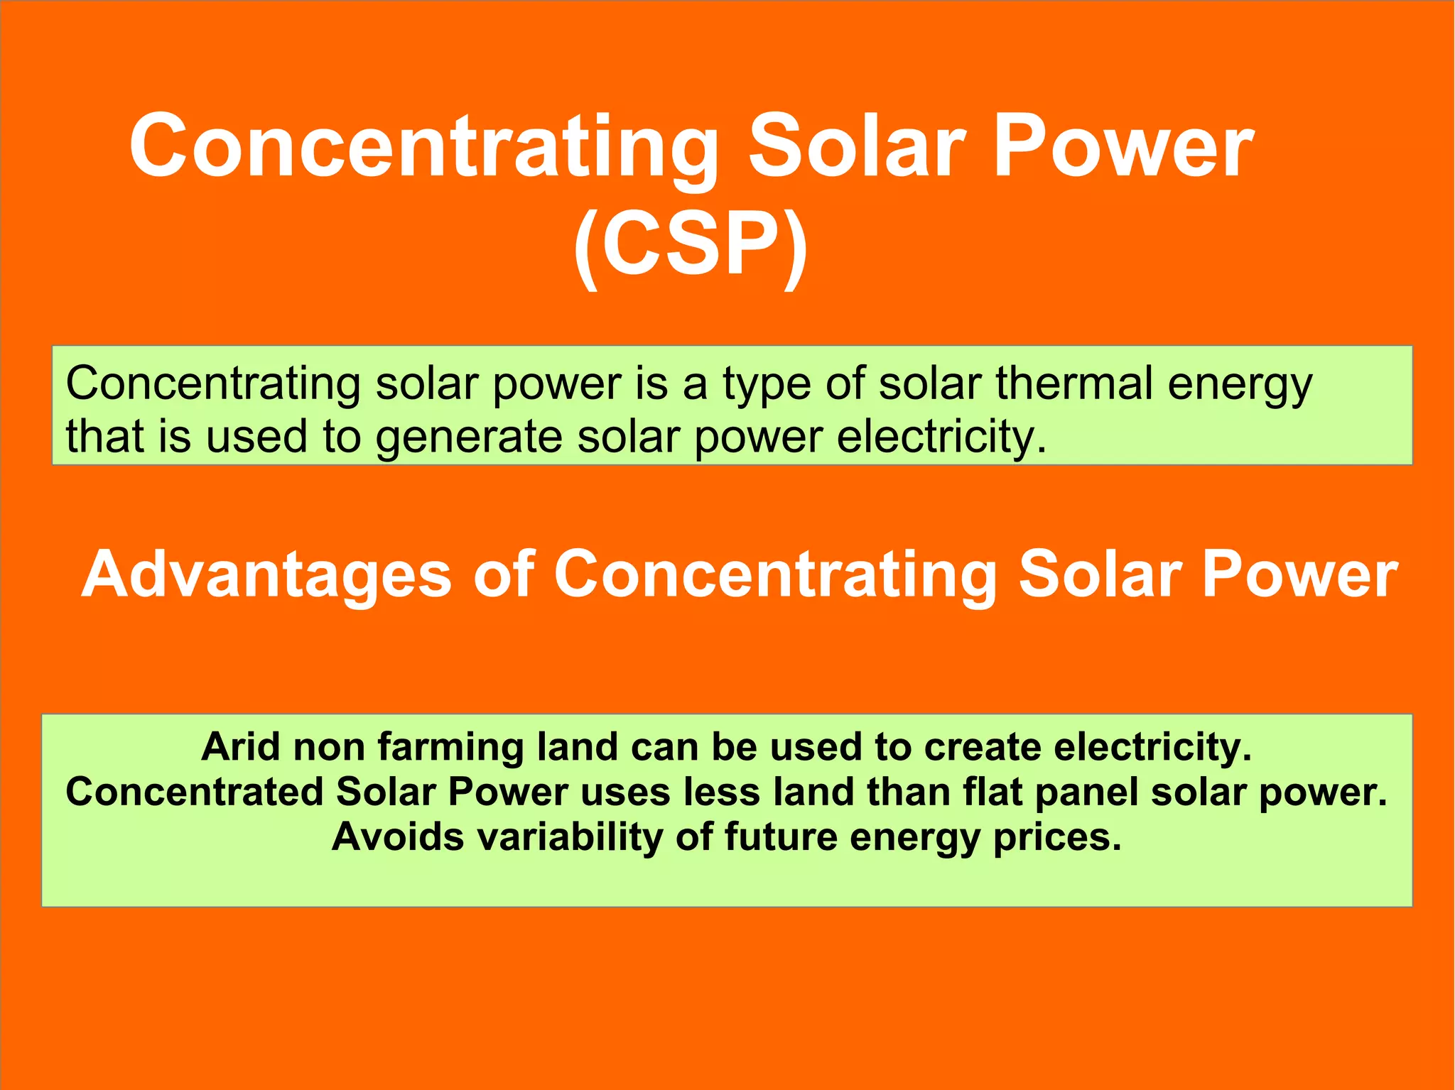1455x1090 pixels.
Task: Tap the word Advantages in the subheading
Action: click(266, 576)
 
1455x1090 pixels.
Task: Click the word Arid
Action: click(241, 747)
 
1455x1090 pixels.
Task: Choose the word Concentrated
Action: click(194, 792)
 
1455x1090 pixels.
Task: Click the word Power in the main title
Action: click(1123, 146)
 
